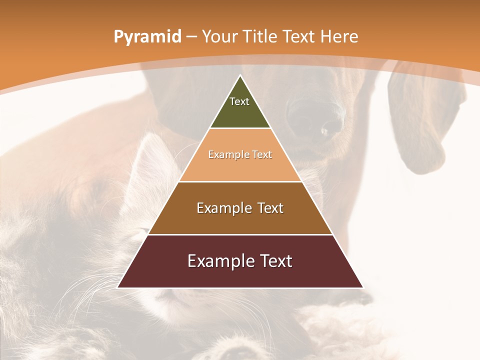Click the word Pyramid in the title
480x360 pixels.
(147, 36)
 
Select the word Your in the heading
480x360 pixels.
(220, 36)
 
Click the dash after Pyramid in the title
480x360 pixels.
(191, 37)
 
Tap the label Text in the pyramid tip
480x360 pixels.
(239, 101)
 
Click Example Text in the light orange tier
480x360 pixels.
(240, 154)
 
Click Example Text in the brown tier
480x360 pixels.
(240, 208)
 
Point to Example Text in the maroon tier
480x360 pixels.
(240, 261)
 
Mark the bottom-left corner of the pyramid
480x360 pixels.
(118, 287)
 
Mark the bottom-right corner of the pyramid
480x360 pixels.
(362, 287)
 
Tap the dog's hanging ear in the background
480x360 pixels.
(415, 125)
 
